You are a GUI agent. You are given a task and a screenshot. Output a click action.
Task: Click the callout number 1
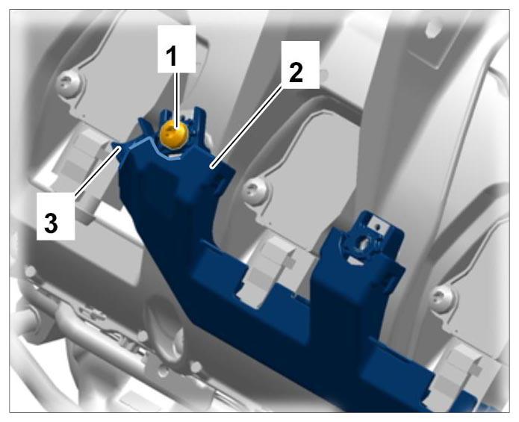coord(172,56)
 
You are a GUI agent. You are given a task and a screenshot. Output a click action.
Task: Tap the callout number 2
coord(296,72)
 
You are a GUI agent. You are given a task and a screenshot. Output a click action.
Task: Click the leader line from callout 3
coord(97,172)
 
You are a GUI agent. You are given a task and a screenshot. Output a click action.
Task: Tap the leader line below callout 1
coord(177,99)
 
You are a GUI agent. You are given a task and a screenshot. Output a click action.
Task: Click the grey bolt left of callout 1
coord(69,82)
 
